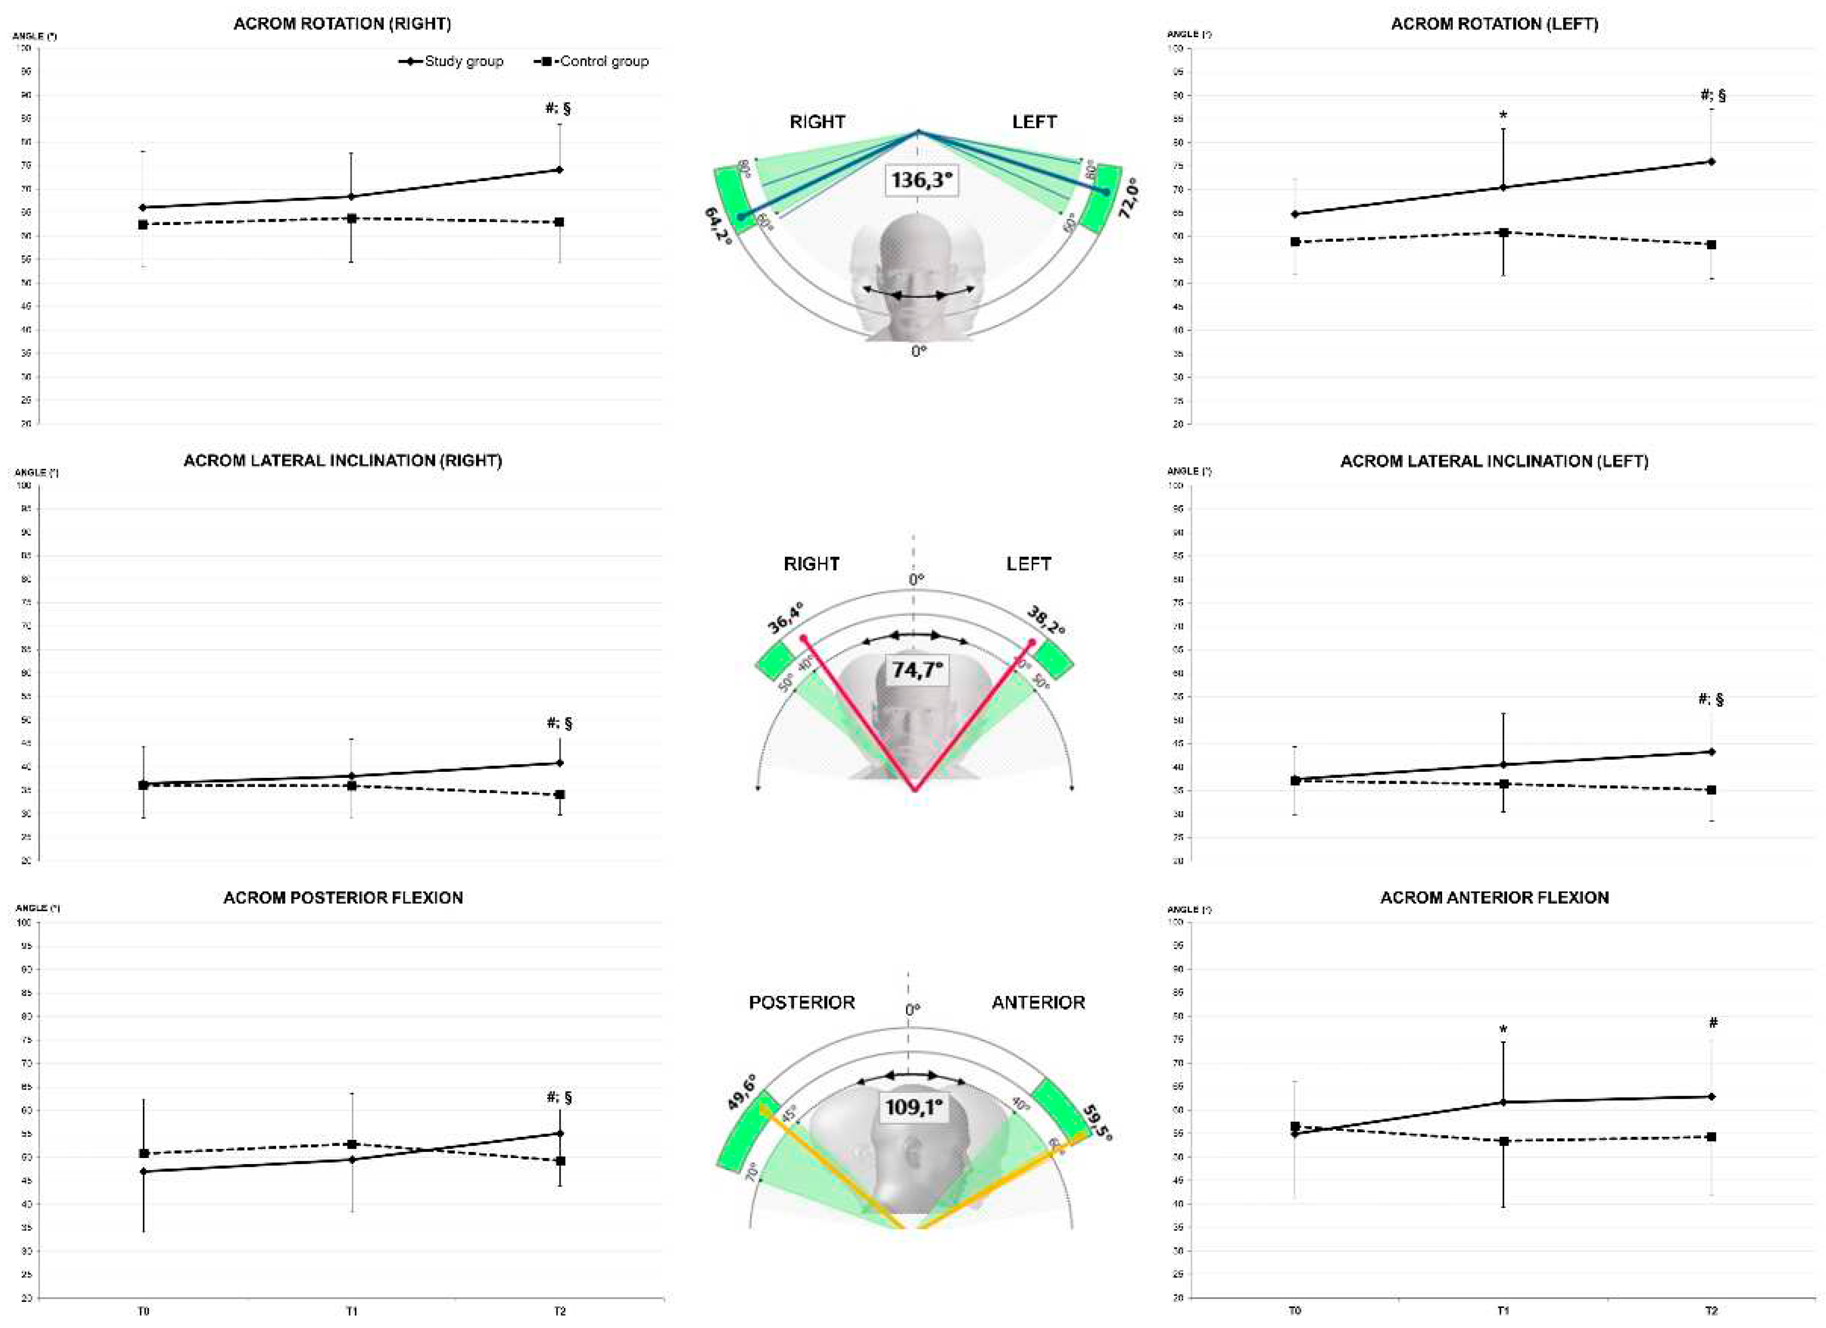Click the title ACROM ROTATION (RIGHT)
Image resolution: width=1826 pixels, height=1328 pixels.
(342, 24)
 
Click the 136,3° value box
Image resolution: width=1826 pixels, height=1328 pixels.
(921, 179)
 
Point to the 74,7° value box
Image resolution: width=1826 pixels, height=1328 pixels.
(917, 669)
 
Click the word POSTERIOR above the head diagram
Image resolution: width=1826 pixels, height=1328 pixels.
(802, 1002)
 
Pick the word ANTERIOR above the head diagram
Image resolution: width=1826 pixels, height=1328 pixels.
(1038, 1002)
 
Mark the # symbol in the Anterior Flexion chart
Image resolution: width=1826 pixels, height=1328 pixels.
(1713, 1024)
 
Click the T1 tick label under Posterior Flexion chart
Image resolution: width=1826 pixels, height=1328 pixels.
(352, 1311)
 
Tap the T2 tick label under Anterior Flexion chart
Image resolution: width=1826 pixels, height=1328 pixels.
(1711, 1311)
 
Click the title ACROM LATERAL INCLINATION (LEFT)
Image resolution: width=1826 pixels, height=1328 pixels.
(1493, 461)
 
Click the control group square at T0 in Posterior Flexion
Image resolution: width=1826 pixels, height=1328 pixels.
(144, 1154)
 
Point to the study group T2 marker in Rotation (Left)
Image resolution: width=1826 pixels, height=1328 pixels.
(1712, 162)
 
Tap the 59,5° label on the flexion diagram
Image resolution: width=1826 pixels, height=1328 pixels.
(1099, 1124)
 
